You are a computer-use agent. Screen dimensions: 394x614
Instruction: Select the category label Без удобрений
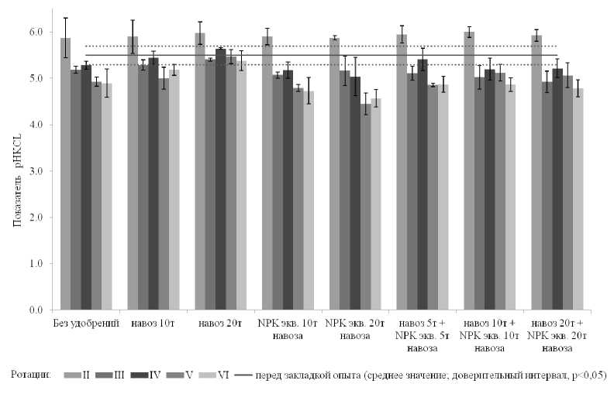pos(85,321)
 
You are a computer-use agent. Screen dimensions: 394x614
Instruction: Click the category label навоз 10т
pos(153,321)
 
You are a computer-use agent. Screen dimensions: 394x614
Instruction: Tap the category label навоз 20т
pos(219,321)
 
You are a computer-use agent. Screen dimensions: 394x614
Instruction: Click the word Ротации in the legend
pos(31,375)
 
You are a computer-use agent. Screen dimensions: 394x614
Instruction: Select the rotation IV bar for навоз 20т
pos(220,179)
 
